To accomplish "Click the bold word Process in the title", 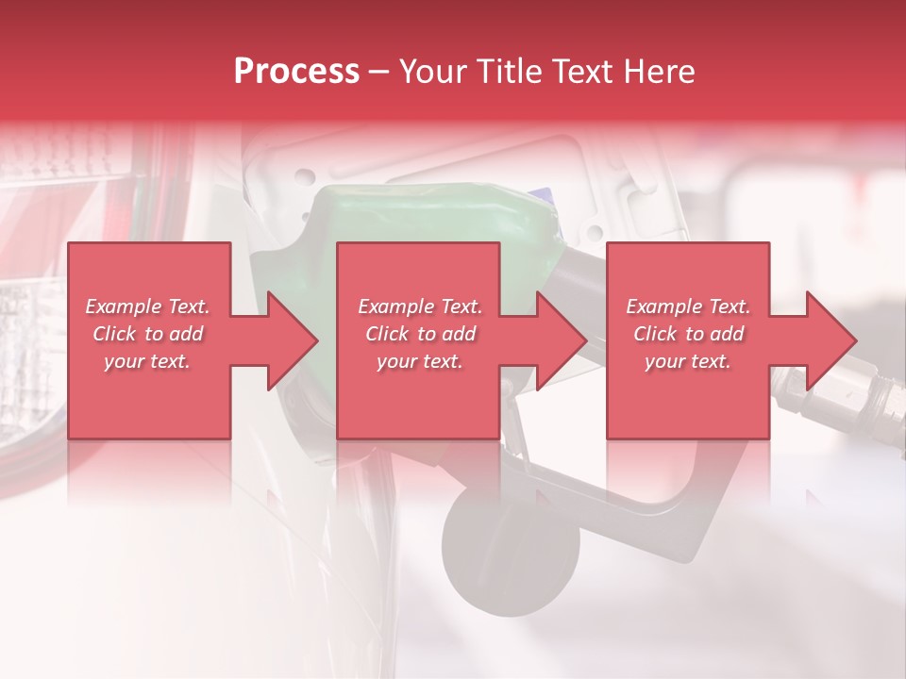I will [296, 72].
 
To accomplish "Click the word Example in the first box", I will [123, 306].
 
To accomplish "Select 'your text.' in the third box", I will [687, 361].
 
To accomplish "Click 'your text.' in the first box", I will [147, 361].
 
